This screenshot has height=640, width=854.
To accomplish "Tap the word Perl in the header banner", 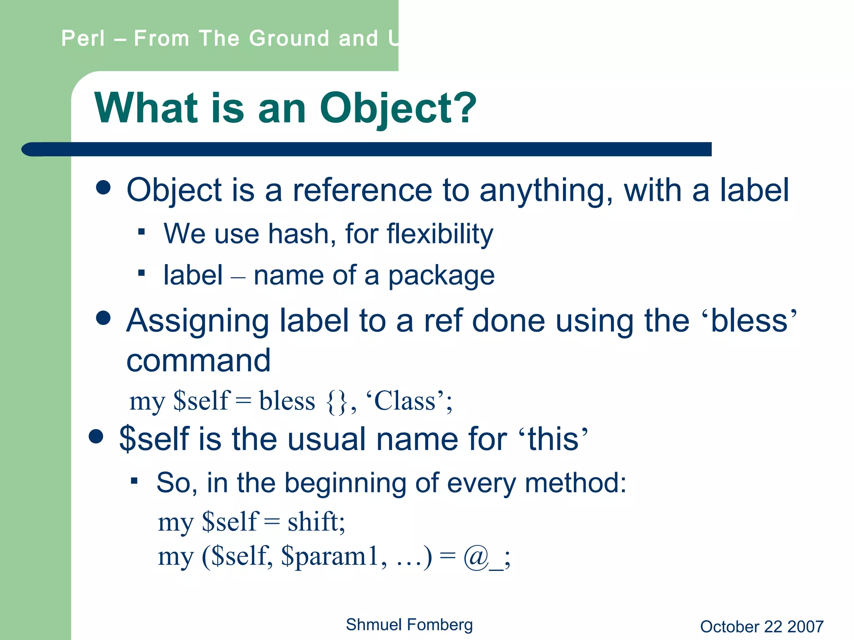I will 83,39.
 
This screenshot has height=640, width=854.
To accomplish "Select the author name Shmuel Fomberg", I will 409,625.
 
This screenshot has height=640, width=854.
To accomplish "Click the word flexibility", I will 440,234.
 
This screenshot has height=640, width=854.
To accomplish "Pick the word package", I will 441,276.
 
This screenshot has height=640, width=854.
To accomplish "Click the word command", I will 198,360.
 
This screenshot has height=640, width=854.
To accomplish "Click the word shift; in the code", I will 316,522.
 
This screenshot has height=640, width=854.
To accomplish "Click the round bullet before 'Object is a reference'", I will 103,187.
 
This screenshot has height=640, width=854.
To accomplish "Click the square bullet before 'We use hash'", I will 141,232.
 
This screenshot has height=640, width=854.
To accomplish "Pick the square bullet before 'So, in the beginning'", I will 134,481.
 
